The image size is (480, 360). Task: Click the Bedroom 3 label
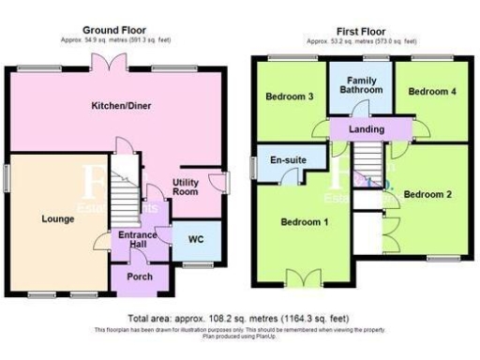click(288, 97)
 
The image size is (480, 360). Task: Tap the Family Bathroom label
click(361, 85)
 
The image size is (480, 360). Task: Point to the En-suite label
click(288, 161)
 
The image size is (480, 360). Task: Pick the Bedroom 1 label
click(304, 222)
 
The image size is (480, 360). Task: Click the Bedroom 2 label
click(427, 194)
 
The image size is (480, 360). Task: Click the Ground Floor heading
click(114, 31)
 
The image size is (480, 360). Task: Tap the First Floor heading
click(361, 31)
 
